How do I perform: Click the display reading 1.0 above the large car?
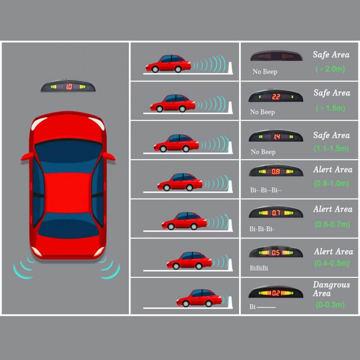click(69, 86)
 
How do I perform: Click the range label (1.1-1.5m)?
click(332, 148)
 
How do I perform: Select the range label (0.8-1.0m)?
click(332, 183)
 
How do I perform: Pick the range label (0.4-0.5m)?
click(332, 263)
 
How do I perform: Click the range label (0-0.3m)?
click(330, 305)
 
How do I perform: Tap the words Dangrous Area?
click(331, 289)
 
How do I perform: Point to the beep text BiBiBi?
click(259, 268)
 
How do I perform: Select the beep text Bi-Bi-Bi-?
click(262, 229)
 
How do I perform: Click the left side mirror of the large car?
click(26, 156)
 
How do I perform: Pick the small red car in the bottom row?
click(199, 297)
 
